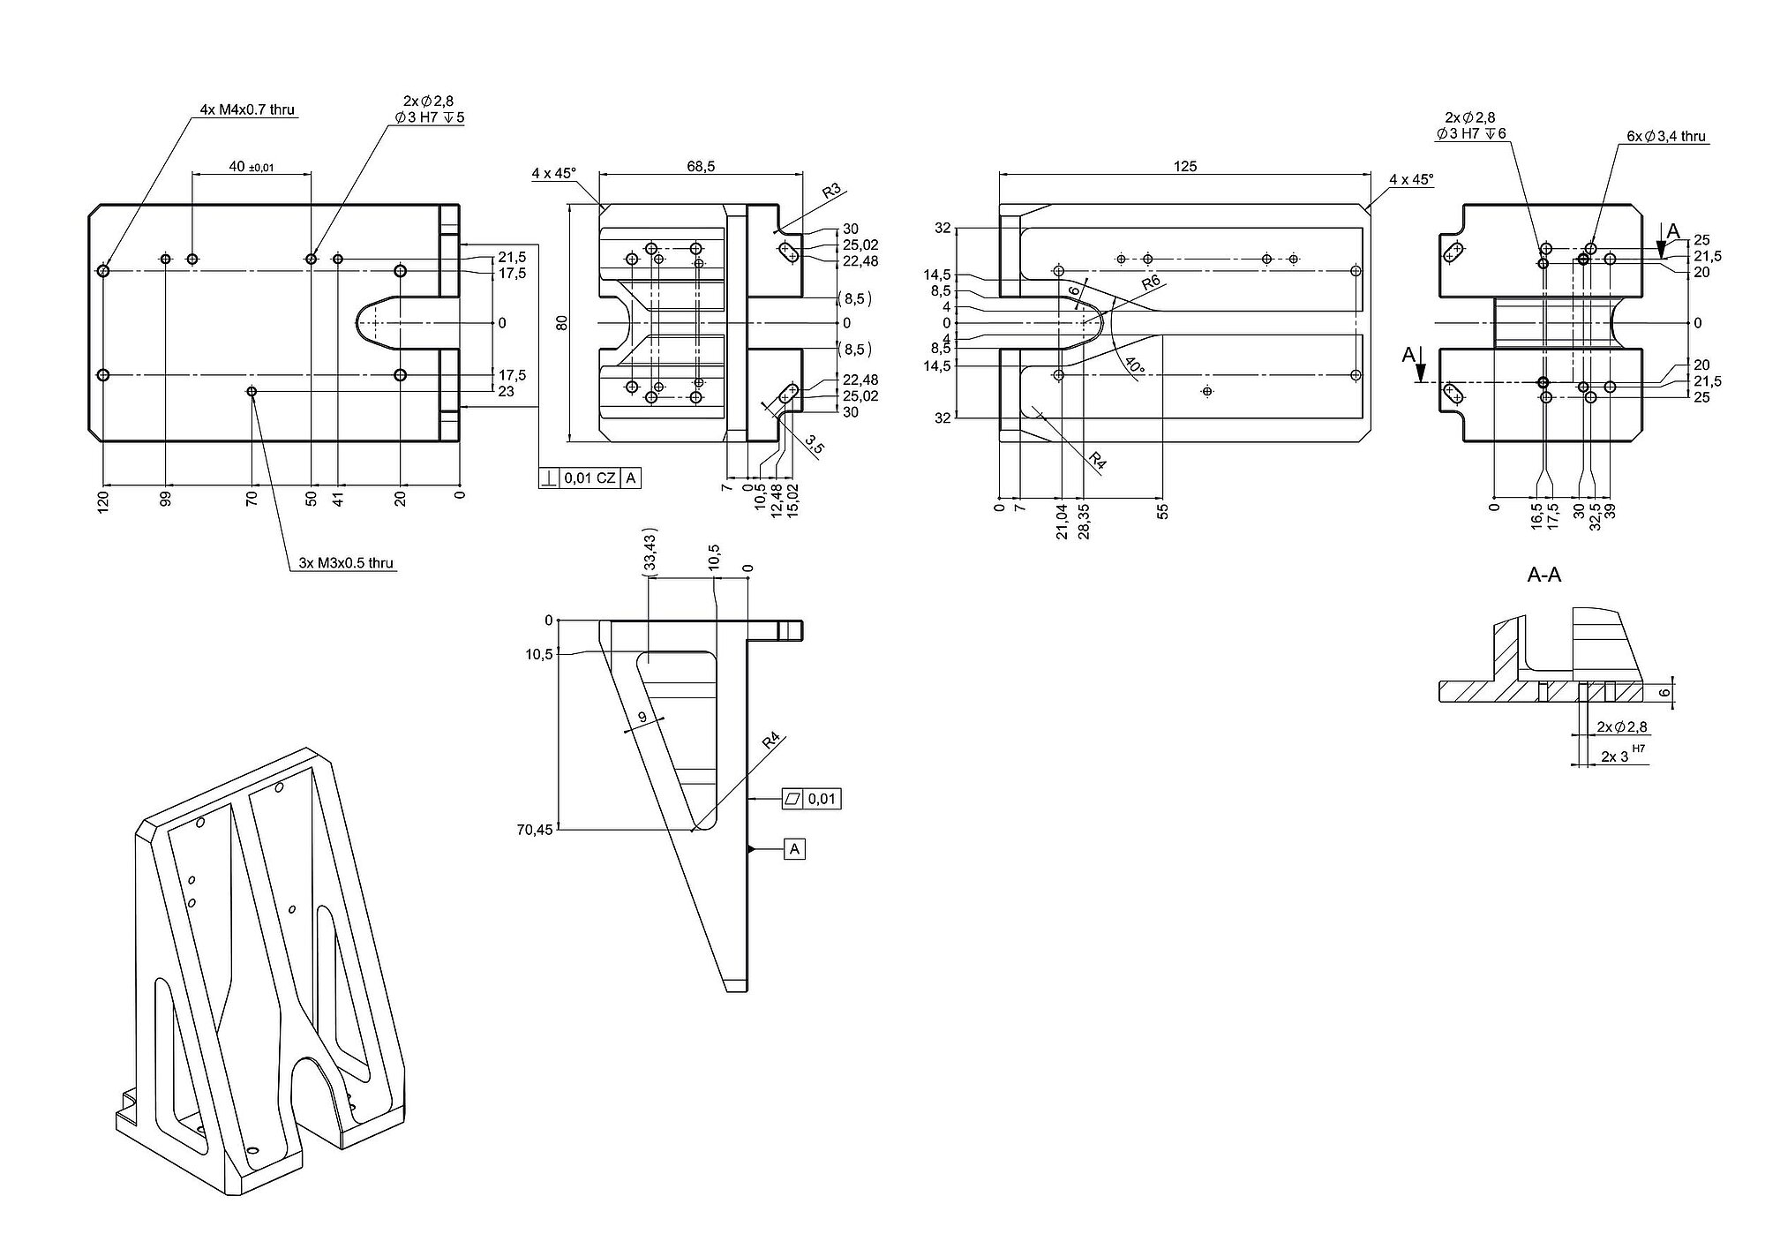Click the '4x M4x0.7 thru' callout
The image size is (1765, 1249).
pyautogui.click(x=247, y=110)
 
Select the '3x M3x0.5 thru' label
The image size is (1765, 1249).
pyautogui.click(x=346, y=563)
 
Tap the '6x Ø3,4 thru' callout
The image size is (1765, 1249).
pyautogui.click(x=1666, y=137)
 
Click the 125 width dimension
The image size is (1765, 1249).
pyautogui.click(x=1185, y=166)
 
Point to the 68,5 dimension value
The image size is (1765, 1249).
pyautogui.click(x=700, y=166)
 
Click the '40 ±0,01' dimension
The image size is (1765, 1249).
pyautogui.click(x=252, y=166)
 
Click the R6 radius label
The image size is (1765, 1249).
pyautogui.click(x=1150, y=282)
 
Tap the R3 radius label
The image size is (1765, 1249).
pyautogui.click(x=830, y=192)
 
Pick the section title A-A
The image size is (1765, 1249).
pyautogui.click(x=1544, y=576)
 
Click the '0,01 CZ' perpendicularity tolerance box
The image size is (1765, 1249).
pyautogui.click(x=590, y=478)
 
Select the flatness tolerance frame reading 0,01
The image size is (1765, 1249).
pyautogui.click(x=812, y=799)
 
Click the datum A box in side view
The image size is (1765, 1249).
pyautogui.click(x=794, y=849)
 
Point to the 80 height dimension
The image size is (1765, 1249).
pyautogui.click(x=561, y=323)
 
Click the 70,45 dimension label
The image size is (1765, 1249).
pyautogui.click(x=535, y=830)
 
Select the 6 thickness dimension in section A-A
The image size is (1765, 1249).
pyautogui.click(x=1664, y=693)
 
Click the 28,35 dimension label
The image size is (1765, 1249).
pyautogui.click(x=1083, y=522)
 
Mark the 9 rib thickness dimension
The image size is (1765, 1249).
pyautogui.click(x=642, y=719)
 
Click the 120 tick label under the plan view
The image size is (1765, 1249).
pyautogui.click(x=103, y=504)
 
